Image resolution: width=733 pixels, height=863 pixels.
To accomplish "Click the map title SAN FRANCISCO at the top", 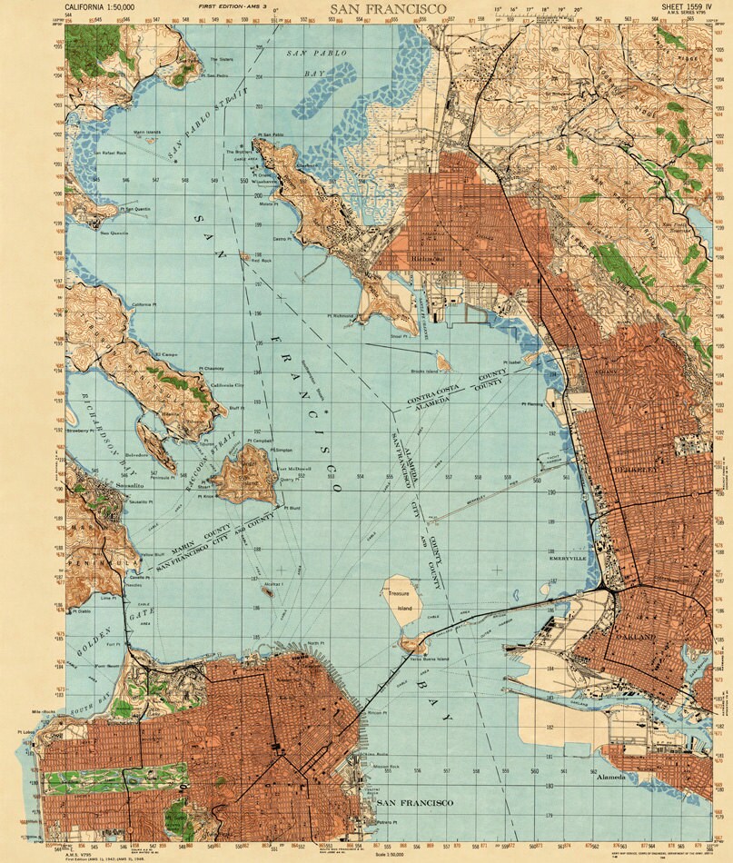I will click(x=388, y=8).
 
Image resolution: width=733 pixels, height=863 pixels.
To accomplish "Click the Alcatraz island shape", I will click(x=267, y=590).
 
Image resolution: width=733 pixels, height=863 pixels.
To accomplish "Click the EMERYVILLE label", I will click(x=570, y=559).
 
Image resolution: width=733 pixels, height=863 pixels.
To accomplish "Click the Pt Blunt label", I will click(x=292, y=508).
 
